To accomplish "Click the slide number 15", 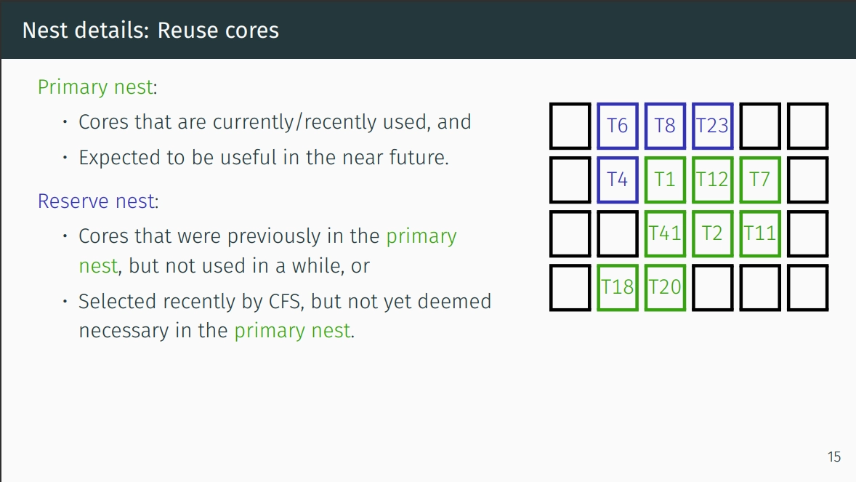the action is point(834,457).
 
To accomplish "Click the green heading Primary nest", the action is point(95,87).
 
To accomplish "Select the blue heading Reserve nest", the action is point(97,201).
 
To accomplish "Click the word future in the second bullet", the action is point(419,157).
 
